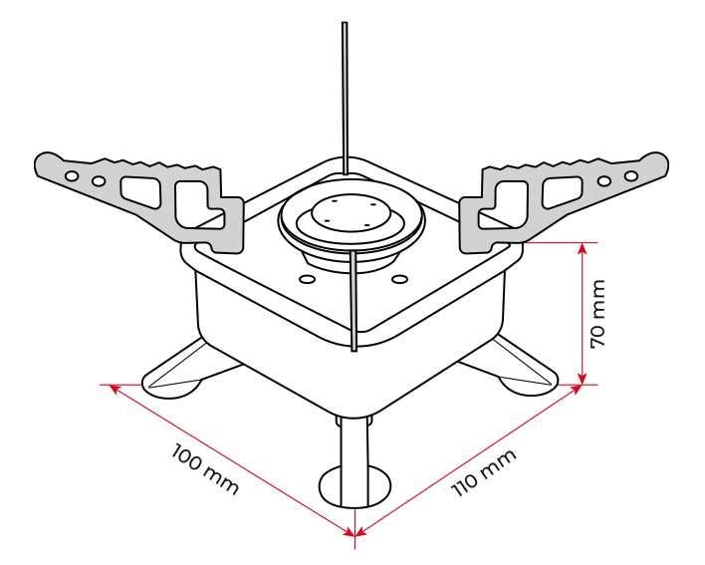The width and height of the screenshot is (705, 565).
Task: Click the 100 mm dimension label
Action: (204, 469)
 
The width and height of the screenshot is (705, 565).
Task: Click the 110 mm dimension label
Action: (483, 472)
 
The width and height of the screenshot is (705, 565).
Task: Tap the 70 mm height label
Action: (598, 314)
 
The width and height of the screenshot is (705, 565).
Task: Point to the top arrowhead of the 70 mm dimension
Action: (583, 249)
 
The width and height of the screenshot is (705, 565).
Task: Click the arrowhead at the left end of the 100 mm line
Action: (116, 389)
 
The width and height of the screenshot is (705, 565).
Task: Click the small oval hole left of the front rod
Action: (308, 279)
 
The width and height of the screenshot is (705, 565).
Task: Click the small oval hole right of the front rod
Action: (399, 279)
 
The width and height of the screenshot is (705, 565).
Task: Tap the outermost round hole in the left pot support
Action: (72, 176)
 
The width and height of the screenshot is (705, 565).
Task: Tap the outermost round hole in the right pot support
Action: (630, 175)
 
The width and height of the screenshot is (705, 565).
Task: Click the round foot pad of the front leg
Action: (354, 486)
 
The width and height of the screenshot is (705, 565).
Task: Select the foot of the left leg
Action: (172, 386)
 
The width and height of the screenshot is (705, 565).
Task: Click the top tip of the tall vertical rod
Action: (345, 23)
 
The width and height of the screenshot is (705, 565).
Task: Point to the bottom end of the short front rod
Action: (354, 350)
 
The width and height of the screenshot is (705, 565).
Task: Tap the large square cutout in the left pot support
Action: (191, 203)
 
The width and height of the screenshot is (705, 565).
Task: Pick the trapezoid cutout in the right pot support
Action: (562, 192)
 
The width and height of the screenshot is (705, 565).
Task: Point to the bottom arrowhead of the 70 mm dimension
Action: (583, 379)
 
